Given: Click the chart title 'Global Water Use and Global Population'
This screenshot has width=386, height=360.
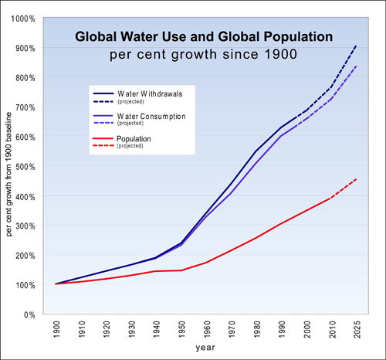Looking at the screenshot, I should pyautogui.click(x=204, y=36).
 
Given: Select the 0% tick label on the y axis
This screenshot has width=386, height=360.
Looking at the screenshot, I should pyautogui.click(x=28, y=314).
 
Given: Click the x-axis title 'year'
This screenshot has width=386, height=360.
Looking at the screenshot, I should pyautogui.click(x=205, y=349).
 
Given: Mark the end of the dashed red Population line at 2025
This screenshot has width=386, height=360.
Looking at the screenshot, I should pyautogui.click(x=355, y=178).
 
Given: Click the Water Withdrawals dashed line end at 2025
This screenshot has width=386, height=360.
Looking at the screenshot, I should pyautogui.click(x=355, y=46).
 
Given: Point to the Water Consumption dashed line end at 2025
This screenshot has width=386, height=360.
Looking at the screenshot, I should pyautogui.click(x=355, y=66).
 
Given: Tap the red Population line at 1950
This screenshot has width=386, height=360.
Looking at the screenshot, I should pyautogui.click(x=181, y=270).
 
